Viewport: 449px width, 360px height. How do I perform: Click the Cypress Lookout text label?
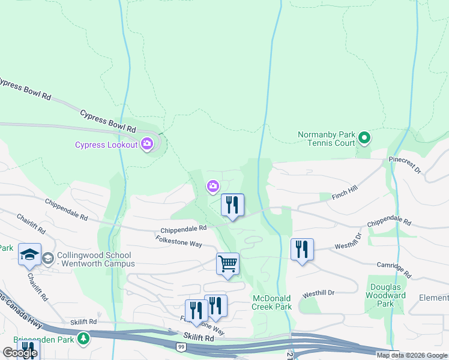point(106,145)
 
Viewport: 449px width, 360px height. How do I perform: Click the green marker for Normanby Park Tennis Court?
point(364,139)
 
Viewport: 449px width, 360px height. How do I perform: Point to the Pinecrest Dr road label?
point(405,166)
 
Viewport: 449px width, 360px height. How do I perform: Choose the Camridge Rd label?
point(394,269)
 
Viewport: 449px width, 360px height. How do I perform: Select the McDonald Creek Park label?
point(272,302)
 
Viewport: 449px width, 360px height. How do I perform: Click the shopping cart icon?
point(228,263)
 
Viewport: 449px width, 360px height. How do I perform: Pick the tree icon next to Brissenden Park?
point(83,339)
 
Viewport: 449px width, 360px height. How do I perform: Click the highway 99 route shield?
point(181,347)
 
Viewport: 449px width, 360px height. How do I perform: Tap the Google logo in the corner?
point(19,353)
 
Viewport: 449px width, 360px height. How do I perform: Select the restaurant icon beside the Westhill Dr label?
point(302,249)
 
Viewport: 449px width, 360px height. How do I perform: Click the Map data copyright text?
point(412,355)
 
